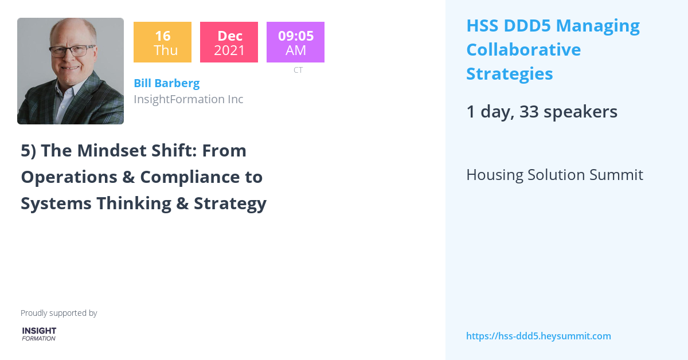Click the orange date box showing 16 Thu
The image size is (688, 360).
pos(162,42)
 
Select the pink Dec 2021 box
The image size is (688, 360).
pos(229,42)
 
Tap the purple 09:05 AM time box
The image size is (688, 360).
pos(295,42)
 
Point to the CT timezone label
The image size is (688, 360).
pos(298,70)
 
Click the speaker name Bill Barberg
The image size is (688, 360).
pos(166,83)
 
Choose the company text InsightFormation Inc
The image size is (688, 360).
pos(188,99)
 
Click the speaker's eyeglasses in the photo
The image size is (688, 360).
pos(72,50)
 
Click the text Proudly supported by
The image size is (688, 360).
pos(58,313)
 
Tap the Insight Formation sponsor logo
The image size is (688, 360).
pos(39,334)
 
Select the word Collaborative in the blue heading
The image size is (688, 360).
pos(523,50)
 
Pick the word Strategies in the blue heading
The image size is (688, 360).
pos(509,74)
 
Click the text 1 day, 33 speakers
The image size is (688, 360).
pos(541,112)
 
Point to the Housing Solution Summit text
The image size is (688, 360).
pos(554,175)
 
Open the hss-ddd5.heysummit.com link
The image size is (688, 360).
pos(538,336)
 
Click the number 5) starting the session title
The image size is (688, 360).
pos(28,151)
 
